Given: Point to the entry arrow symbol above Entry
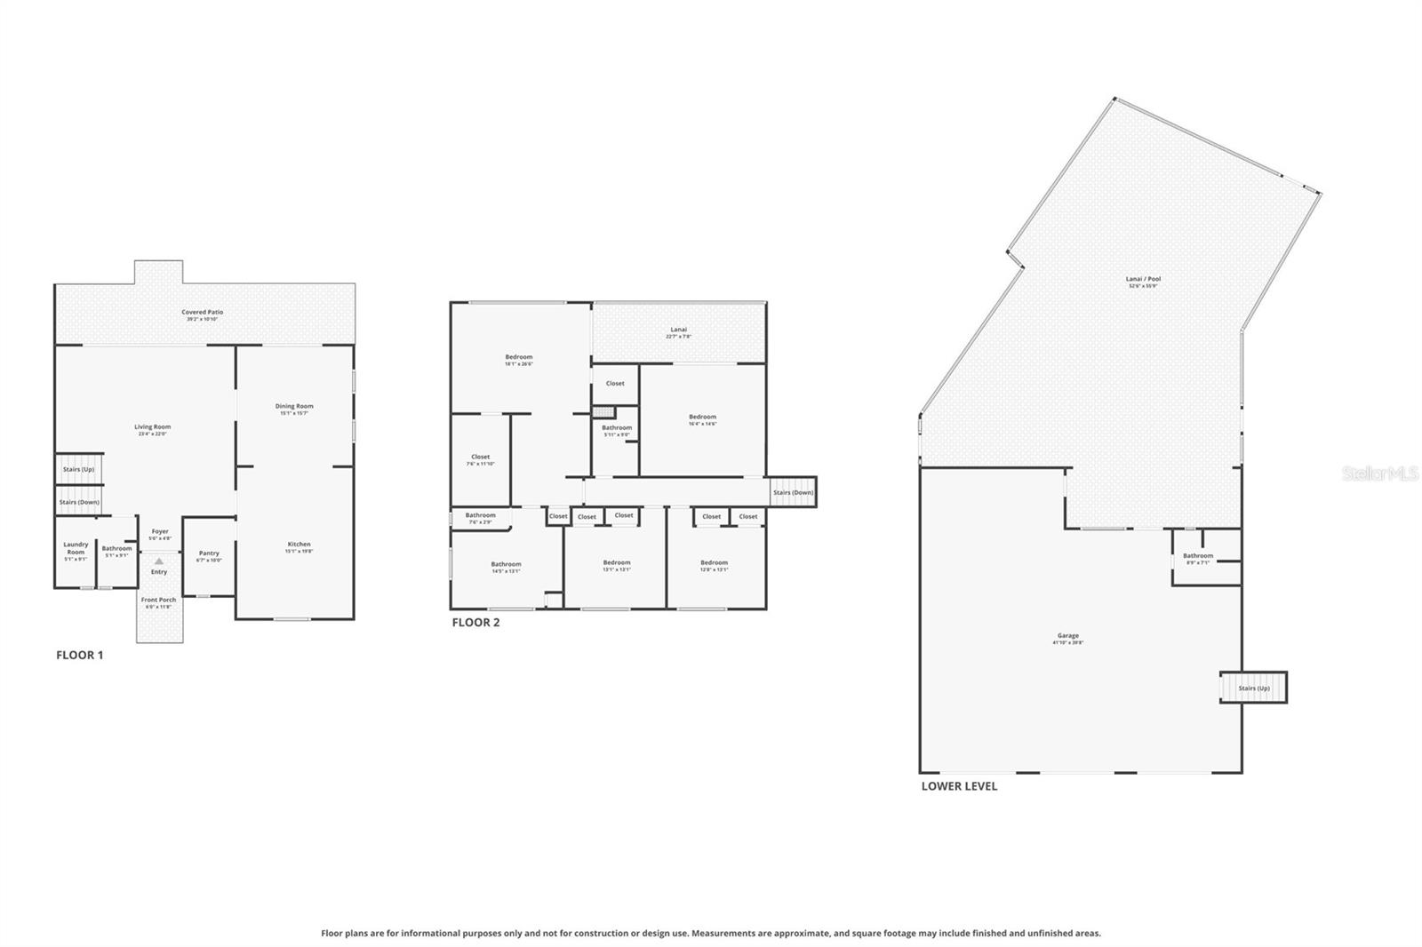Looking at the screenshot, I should [159, 561].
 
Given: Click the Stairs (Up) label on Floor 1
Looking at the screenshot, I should [78, 469].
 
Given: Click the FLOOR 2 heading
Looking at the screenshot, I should [475, 622].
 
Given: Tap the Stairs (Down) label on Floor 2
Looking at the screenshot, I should [793, 492].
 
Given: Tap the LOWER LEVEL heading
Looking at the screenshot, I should [959, 786].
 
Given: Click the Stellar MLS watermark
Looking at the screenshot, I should [1379, 474].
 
